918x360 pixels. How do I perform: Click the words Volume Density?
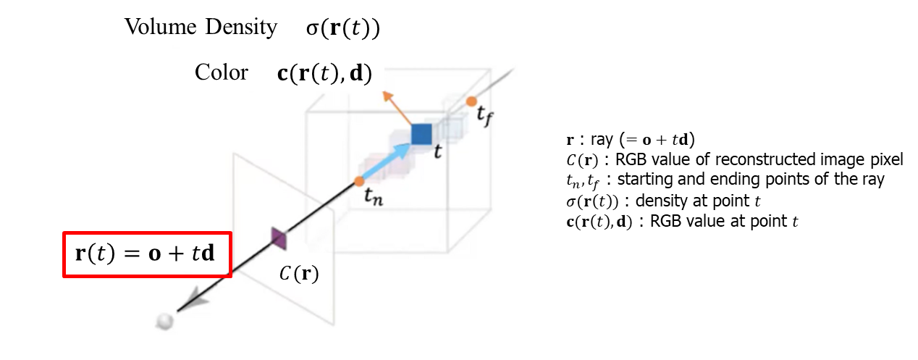click(201, 28)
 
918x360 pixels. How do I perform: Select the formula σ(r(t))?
click(343, 29)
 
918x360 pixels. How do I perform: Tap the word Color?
click(221, 72)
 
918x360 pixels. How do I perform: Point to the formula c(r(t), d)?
click(324, 74)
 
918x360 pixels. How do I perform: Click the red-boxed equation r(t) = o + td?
click(147, 254)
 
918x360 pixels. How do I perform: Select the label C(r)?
click(299, 275)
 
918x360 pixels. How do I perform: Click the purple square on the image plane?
click(279, 238)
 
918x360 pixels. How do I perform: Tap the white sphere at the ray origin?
click(166, 321)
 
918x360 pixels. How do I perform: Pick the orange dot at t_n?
click(360, 181)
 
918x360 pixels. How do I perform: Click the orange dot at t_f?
click(471, 101)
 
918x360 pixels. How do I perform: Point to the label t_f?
click(484, 116)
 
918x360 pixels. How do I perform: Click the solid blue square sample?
click(421, 134)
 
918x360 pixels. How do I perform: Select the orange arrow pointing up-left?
click(395, 106)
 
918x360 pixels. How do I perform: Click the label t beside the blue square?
click(438, 153)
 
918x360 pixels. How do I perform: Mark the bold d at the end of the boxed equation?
click(208, 254)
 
